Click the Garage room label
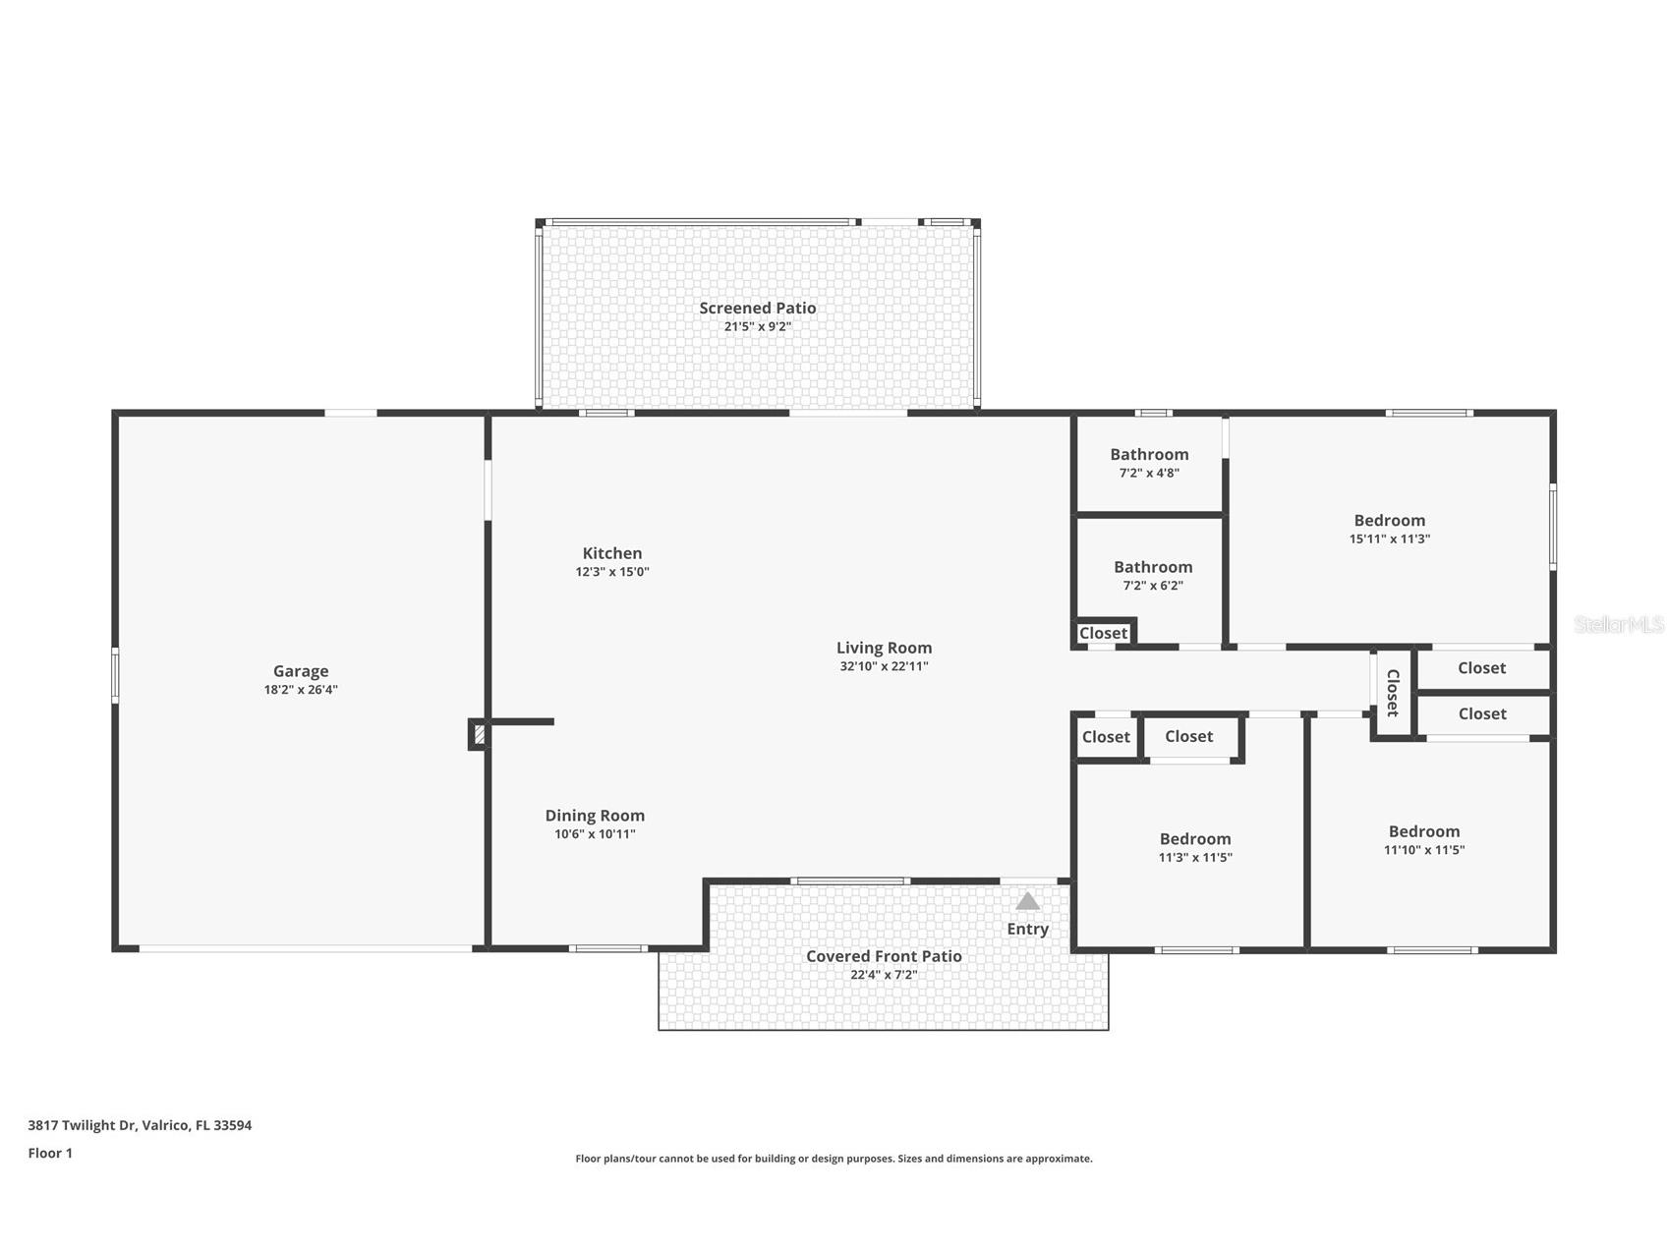coord(301,671)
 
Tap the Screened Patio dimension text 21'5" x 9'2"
coord(757,326)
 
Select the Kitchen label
coord(611,553)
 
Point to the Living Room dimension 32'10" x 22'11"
coord(884,666)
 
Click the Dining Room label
coord(595,815)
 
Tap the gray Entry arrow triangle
coord(1027,901)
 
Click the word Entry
coord(1027,929)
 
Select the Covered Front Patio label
coord(884,956)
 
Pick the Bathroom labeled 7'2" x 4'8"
coord(1149,454)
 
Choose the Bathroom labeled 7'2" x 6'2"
coord(1153,567)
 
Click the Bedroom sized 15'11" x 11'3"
coord(1389,521)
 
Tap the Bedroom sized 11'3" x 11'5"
coord(1195,839)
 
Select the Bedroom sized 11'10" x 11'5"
coord(1423,831)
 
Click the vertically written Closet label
coord(1393,693)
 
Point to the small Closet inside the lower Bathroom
coord(1103,634)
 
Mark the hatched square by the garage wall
coord(480,734)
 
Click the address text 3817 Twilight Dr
coord(140,1125)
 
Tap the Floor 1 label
coord(50,1153)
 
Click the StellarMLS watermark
coord(1618,625)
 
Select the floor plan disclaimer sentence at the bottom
coord(834,1159)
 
